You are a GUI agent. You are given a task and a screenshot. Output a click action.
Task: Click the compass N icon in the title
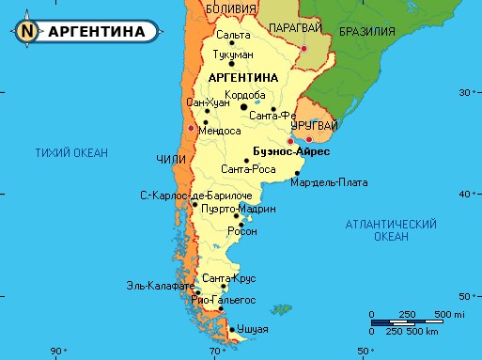pos(26,31)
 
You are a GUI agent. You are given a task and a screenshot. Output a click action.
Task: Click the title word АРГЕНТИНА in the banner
pos(96,31)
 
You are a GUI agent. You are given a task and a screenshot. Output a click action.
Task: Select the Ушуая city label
pos(253,329)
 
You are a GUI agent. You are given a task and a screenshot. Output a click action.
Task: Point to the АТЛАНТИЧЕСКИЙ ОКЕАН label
pos(391,230)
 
